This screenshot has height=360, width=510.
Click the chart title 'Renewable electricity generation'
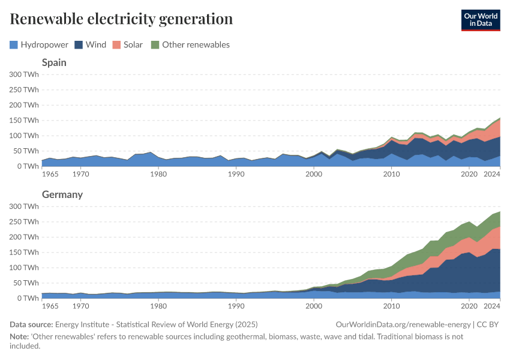pyautogui.click(x=121, y=19)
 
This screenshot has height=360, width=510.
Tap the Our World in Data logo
pyautogui.click(x=480, y=20)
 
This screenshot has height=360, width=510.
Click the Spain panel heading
pyautogui.click(x=54, y=62)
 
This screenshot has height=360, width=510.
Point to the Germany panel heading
pyautogui.click(x=62, y=194)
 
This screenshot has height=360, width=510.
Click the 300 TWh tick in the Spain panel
pyautogui.click(x=24, y=74)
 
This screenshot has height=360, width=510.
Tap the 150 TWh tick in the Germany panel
pyautogui.click(x=24, y=252)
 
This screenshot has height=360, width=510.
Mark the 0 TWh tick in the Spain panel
pyautogui.click(x=28, y=166)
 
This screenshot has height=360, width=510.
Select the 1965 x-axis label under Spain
pyautogui.click(x=50, y=174)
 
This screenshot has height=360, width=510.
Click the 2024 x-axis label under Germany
pyautogui.click(x=492, y=306)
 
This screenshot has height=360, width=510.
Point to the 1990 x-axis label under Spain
pyautogui.click(x=236, y=174)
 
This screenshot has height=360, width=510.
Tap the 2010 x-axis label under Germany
pyautogui.click(x=392, y=306)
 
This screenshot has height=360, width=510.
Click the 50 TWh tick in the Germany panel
pyautogui.click(x=26, y=283)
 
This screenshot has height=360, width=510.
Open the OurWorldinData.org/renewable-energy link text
pyautogui.click(x=404, y=325)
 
